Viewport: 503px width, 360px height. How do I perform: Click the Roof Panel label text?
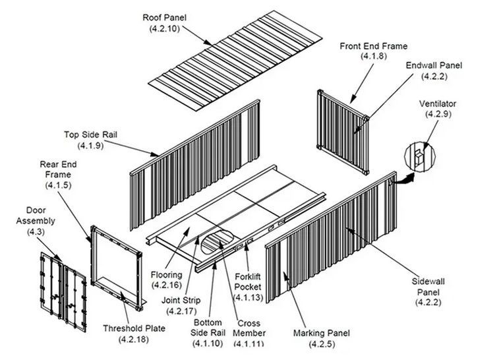[164, 17]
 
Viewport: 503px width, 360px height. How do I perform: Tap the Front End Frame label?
[373, 46]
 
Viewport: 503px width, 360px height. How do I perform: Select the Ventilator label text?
[438, 104]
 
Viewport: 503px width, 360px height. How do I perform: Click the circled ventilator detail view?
[420, 157]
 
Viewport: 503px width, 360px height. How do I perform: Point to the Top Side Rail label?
[90, 135]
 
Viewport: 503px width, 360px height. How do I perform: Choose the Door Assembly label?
[36, 216]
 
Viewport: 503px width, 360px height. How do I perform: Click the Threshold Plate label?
[134, 328]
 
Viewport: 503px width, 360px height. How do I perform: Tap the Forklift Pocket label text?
[248, 282]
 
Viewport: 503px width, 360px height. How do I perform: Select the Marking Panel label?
[322, 333]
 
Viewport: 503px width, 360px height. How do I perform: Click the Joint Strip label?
[181, 300]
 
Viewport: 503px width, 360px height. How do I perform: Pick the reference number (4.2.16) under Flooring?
[167, 285]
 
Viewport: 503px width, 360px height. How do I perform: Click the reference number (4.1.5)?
[58, 185]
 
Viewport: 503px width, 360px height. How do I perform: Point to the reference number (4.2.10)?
[164, 28]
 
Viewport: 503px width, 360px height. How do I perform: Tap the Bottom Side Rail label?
[208, 327]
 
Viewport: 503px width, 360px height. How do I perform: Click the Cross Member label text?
[249, 328]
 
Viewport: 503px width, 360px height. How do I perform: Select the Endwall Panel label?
[434, 65]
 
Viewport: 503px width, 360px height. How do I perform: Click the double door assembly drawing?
[63, 292]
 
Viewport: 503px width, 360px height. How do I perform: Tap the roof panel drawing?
[235, 61]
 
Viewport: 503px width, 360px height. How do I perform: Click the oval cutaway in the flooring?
[218, 241]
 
